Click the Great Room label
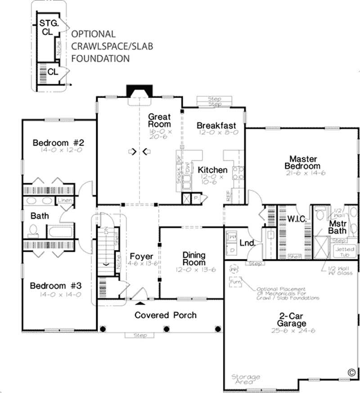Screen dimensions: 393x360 pyautogui.click(x=160, y=120)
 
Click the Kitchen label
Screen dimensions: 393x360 pyautogui.click(x=213, y=170)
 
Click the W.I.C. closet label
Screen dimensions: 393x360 pyautogui.click(x=297, y=219)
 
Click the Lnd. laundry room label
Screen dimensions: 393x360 pyautogui.click(x=248, y=243)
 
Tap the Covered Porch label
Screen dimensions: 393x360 pyautogui.click(x=166, y=315)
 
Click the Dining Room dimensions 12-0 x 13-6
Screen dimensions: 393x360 pyautogui.click(x=194, y=269)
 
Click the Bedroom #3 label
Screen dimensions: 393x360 pyautogui.click(x=56, y=286)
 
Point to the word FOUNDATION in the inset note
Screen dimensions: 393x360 pyautogui.click(x=101, y=58)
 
